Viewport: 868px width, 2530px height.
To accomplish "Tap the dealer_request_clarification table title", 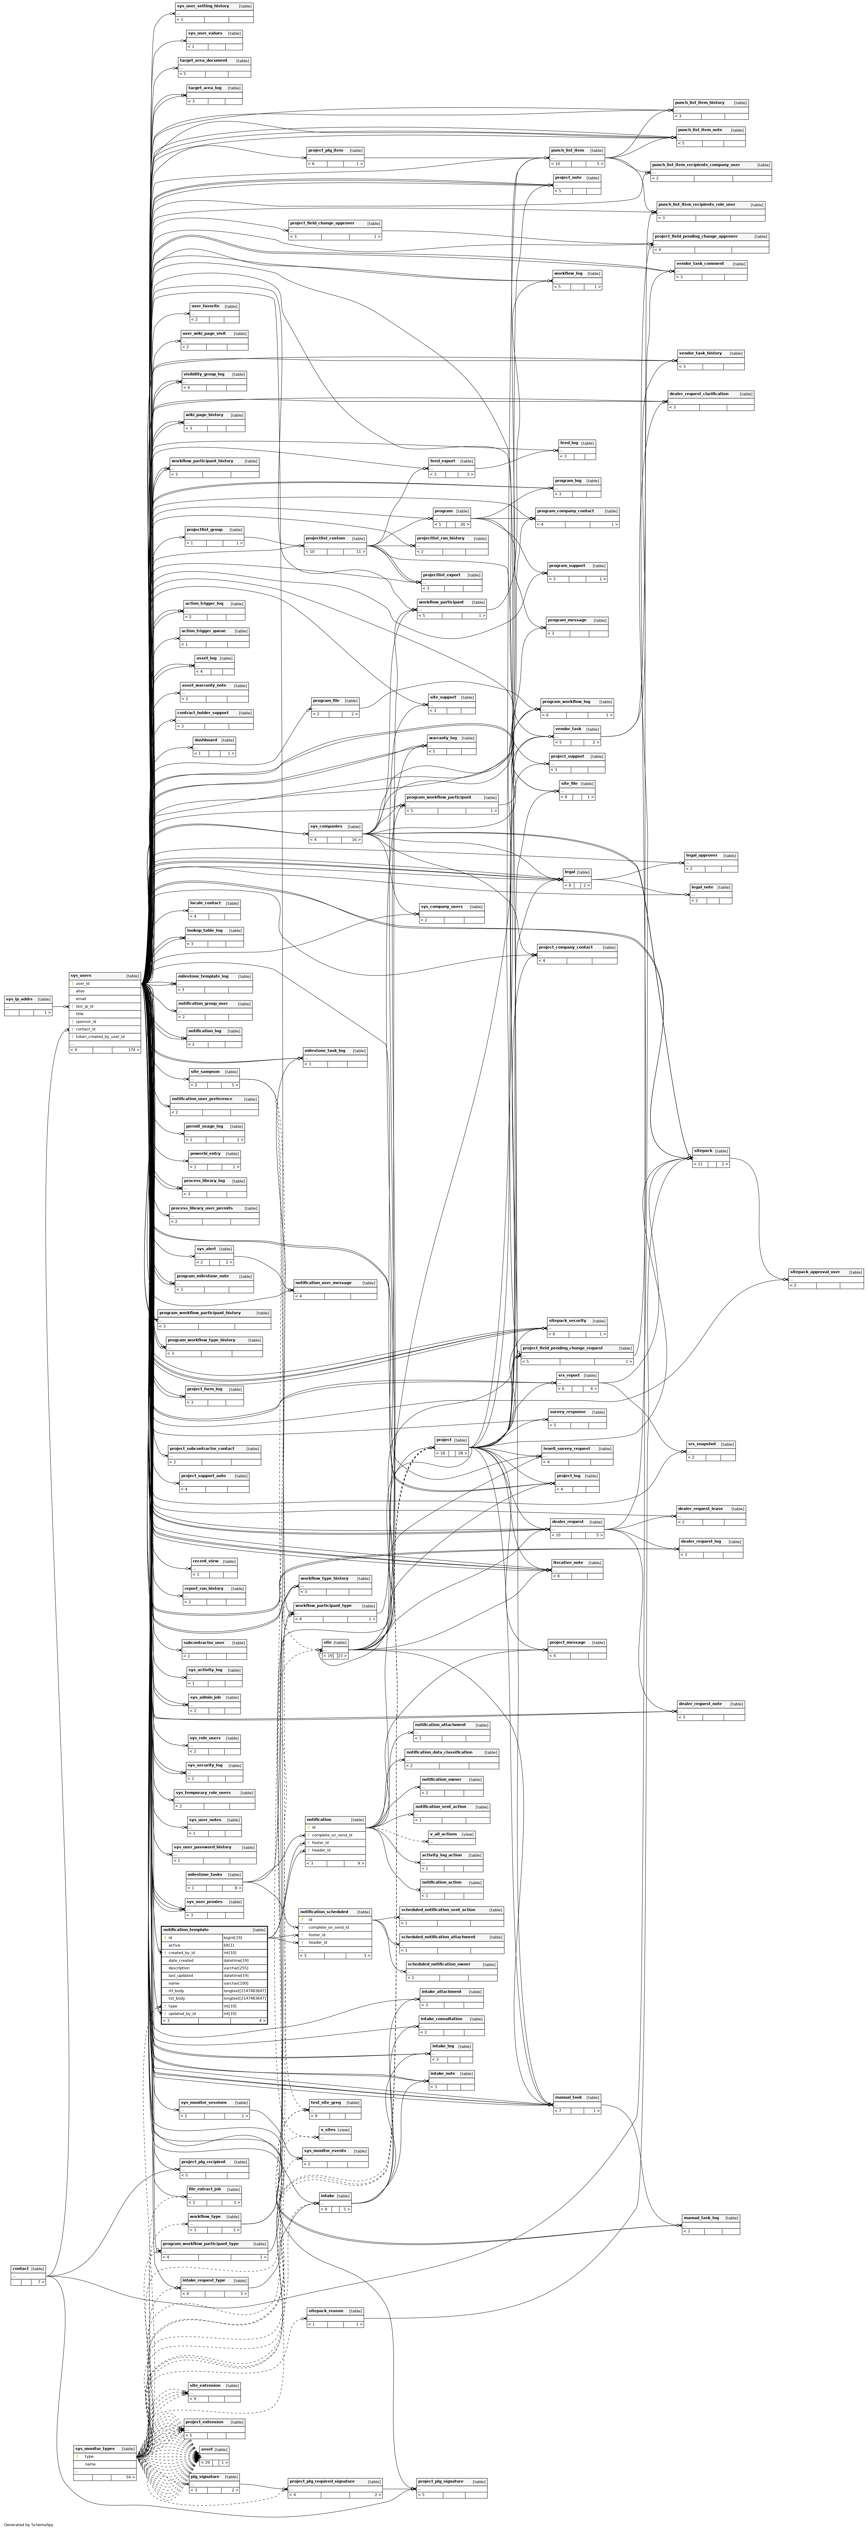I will pos(699,394).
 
